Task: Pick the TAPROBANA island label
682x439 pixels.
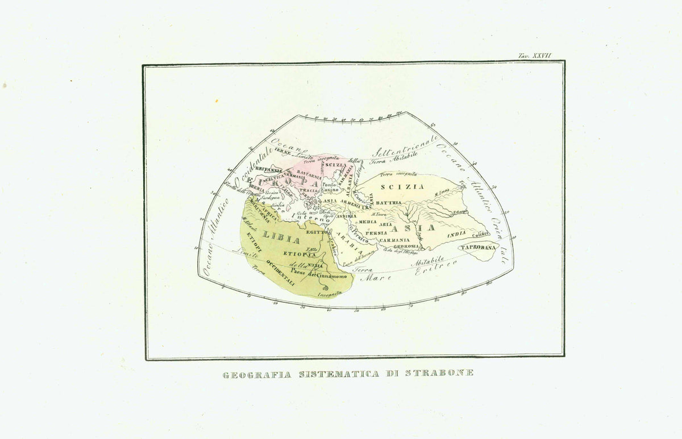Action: [479, 248]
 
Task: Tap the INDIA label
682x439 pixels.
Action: [456, 234]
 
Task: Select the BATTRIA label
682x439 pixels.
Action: [388, 202]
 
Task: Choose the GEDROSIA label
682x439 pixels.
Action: [406, 246]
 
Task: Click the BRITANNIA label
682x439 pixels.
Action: [268, 169]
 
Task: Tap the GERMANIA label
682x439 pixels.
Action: [294, 176]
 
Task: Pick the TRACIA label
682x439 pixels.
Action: [309, 190]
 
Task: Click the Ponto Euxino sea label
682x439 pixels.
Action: [331, 187]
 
